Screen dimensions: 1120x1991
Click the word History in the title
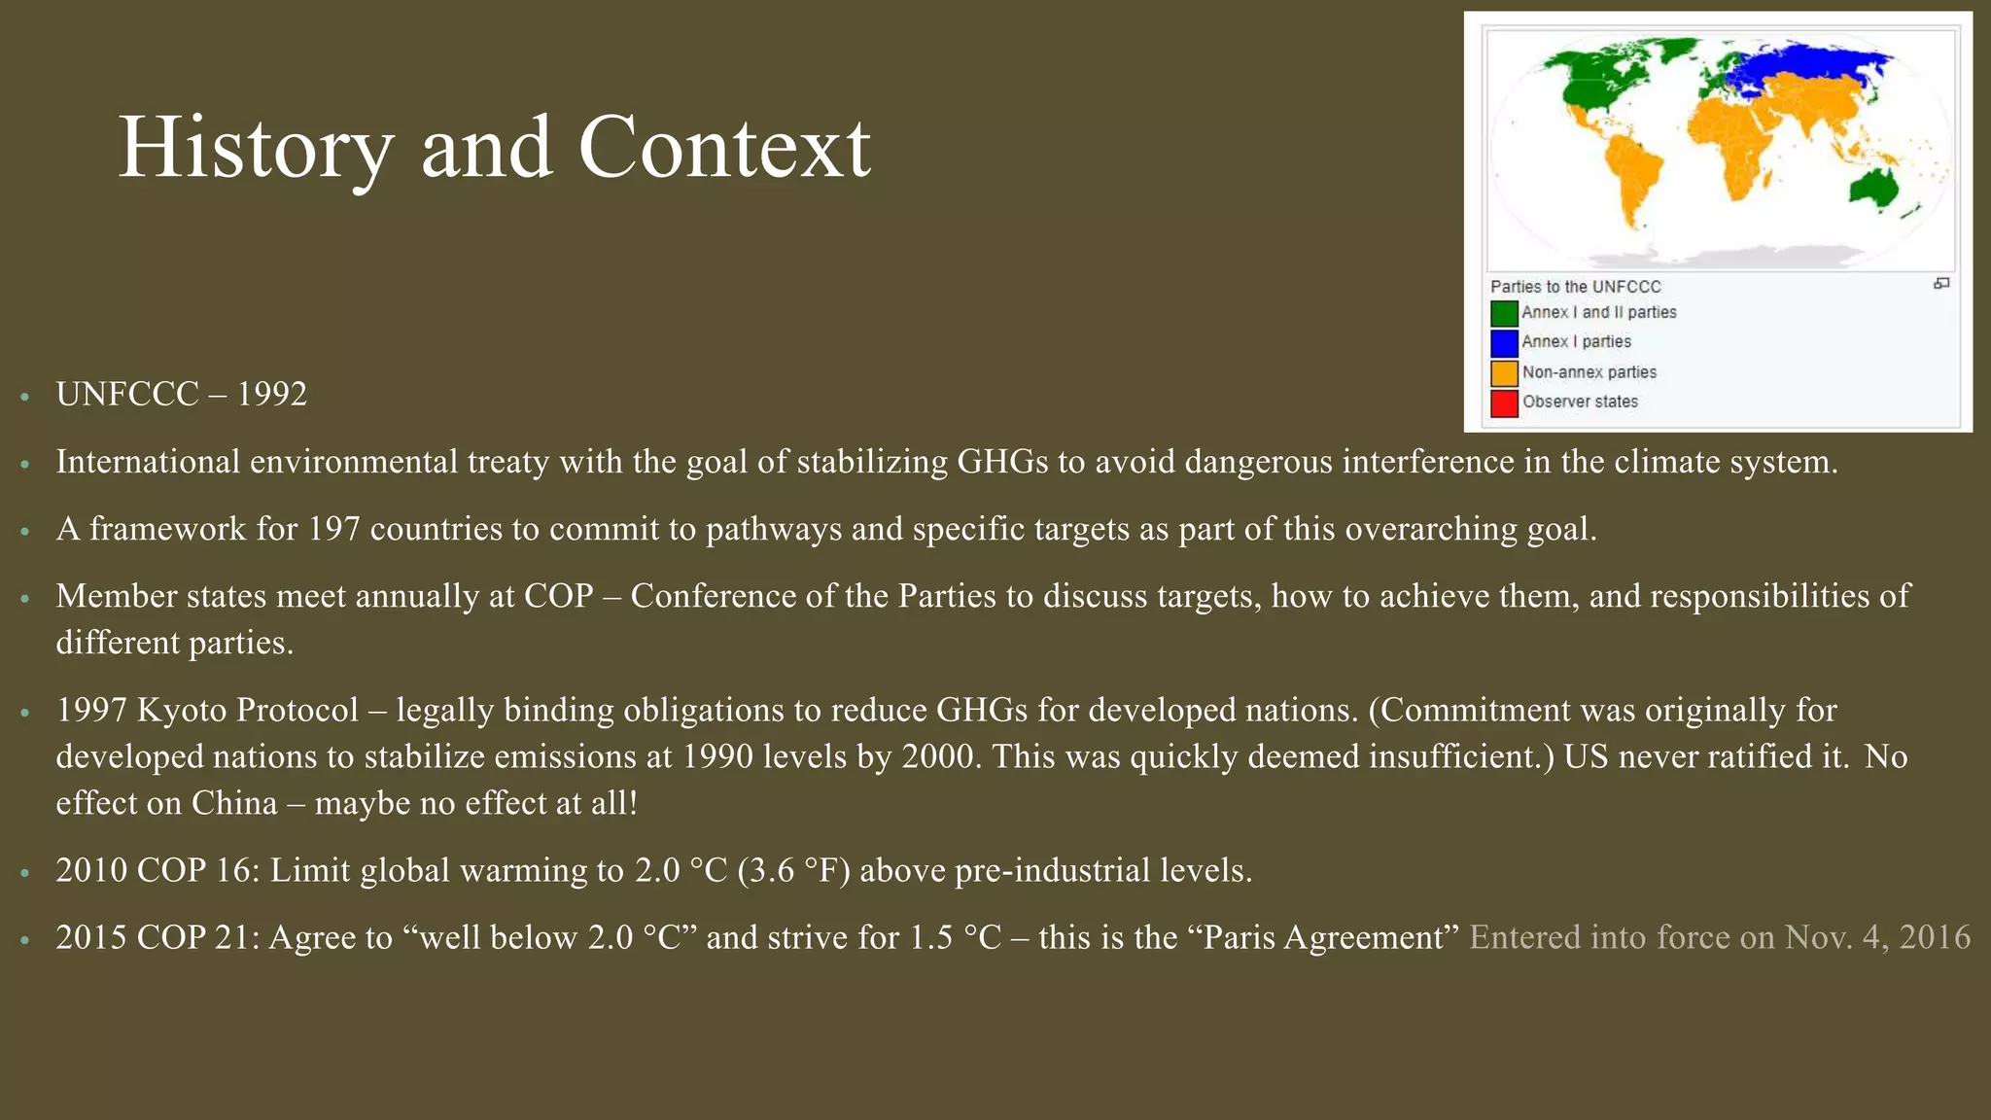[256, 148]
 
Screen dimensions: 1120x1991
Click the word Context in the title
[724, 148]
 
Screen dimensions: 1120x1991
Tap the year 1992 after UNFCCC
[272, 394]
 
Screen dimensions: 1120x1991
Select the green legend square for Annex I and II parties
[1504, 313]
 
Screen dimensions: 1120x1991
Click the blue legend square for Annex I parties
[1504, 342]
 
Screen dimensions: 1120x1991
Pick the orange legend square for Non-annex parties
[1504, 372]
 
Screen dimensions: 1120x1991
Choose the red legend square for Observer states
[1504, 402]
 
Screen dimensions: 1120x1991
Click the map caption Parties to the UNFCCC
[1575, 287]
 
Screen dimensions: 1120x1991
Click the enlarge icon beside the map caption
[1940, 284]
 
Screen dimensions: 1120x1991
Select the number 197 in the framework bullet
[334, 529]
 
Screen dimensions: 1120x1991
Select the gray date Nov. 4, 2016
[1877, 937]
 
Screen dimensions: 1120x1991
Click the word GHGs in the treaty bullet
[1002, 462]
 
